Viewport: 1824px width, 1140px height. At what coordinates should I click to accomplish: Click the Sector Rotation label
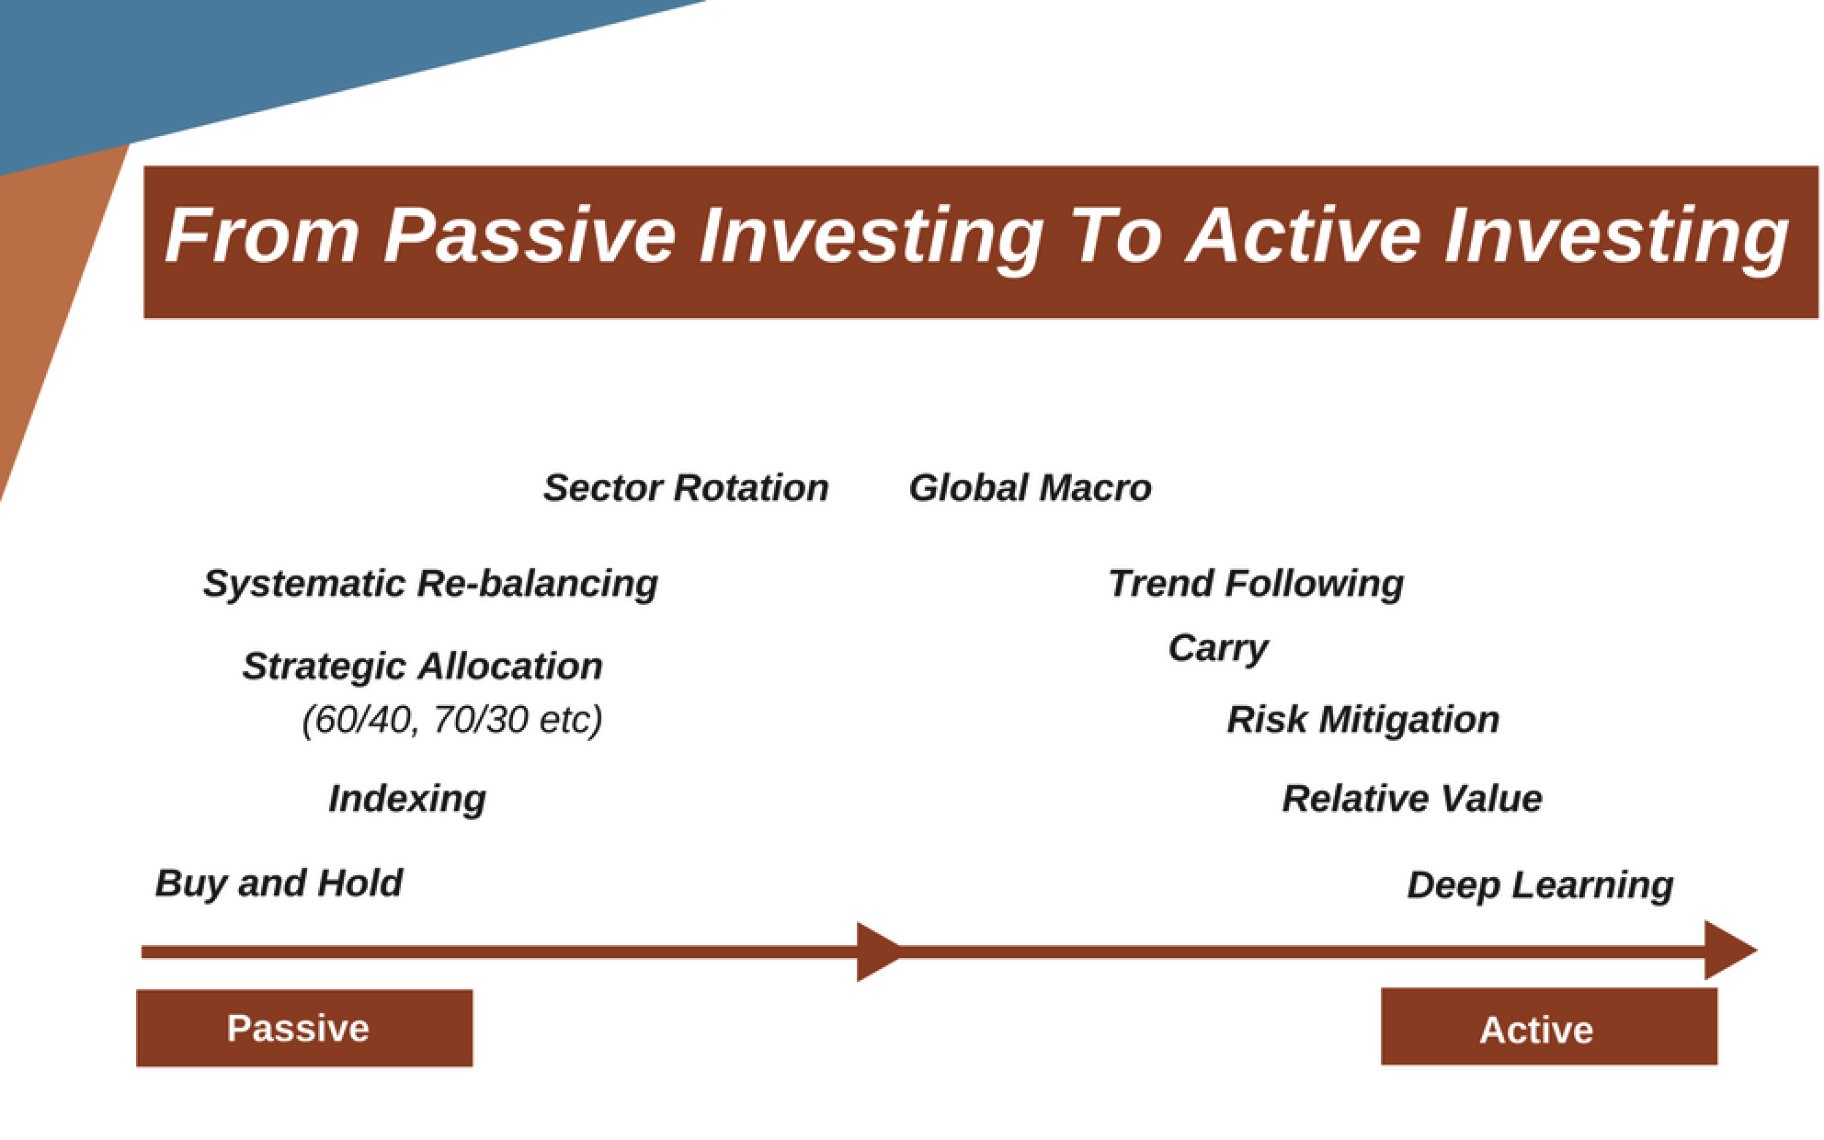[x=686, y=487]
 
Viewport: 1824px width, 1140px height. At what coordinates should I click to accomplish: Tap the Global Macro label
[x=1030, y=487]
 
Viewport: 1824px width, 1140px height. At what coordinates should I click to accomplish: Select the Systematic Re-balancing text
[x=430, y=584]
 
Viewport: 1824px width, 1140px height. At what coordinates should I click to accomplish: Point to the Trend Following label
[x=1256, y=584]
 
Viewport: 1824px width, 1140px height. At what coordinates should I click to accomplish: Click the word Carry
[x=1218, y=649]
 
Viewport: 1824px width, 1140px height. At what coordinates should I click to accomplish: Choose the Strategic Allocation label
[x=422, y=667]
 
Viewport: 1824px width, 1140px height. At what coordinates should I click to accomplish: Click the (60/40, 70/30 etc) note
[x=451, y=720]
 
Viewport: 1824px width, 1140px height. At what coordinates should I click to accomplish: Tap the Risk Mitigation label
[x=1362, y=720]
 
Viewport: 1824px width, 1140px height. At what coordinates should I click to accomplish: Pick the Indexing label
[x=407, y=799]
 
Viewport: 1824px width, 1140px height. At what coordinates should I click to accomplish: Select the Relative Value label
[x=1412, y=798]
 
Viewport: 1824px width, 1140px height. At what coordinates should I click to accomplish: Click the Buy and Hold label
[x=279, y=883]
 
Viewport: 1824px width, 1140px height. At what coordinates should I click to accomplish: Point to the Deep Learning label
[x=1540, y=885]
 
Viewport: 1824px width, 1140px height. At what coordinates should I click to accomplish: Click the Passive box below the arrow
[x=304, y=1028]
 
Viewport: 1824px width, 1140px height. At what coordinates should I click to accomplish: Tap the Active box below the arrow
[x=1549, y=1027]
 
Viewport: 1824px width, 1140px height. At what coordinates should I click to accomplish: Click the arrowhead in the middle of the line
[x=880, y=952]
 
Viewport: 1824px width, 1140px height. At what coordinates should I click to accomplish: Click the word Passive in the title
[x=530, y=235]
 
